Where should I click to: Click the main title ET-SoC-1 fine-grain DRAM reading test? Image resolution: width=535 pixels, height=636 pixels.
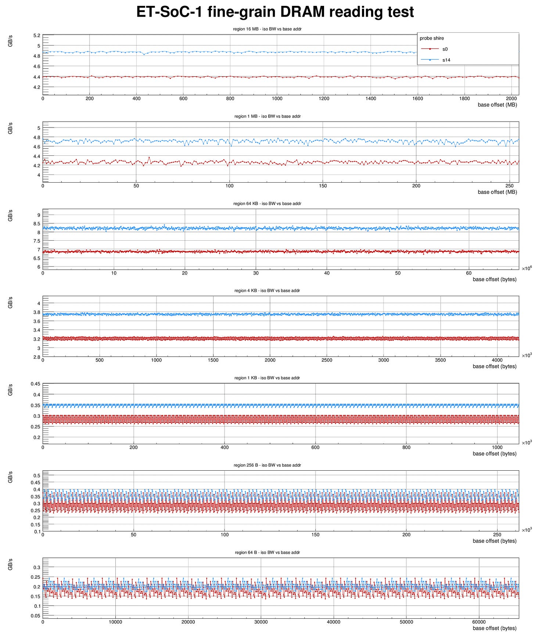click(275, 12)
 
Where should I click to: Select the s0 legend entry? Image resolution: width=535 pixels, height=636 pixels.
click(445, 49)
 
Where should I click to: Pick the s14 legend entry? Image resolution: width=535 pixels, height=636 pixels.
click(446, 60)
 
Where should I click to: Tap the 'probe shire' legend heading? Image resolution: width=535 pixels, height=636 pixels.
click(432, 38)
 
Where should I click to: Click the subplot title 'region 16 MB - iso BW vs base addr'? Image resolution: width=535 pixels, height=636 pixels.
click(267, 29)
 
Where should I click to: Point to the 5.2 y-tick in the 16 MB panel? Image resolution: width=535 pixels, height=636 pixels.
click(37, 36)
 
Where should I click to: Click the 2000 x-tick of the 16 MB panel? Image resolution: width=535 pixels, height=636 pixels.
click(511, 98)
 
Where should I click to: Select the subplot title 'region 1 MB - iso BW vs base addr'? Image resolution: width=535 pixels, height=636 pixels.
click(267, 116)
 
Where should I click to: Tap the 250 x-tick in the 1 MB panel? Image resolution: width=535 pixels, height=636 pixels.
click(509, 186)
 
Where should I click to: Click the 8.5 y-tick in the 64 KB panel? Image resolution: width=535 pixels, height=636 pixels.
click(37, 224)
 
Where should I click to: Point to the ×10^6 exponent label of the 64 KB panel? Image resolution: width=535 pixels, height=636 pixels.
click(527, 268)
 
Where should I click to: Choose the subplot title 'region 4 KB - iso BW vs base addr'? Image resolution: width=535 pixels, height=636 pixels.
click(267, 291)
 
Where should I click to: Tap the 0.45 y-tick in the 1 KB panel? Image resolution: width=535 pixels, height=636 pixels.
click(36, 384)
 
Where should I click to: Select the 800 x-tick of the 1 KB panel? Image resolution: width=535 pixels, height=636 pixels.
click(406, 448)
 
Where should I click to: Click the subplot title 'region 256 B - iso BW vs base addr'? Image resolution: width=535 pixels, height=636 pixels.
click(267, 465)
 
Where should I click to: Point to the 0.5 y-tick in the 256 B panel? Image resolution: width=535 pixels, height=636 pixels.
click(37, 475)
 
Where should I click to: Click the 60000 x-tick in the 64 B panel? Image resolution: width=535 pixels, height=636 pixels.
click(478, 622)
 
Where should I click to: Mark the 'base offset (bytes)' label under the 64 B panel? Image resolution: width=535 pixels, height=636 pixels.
click(494, 628)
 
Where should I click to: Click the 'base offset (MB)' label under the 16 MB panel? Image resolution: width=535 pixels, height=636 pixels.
click(497, 105)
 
